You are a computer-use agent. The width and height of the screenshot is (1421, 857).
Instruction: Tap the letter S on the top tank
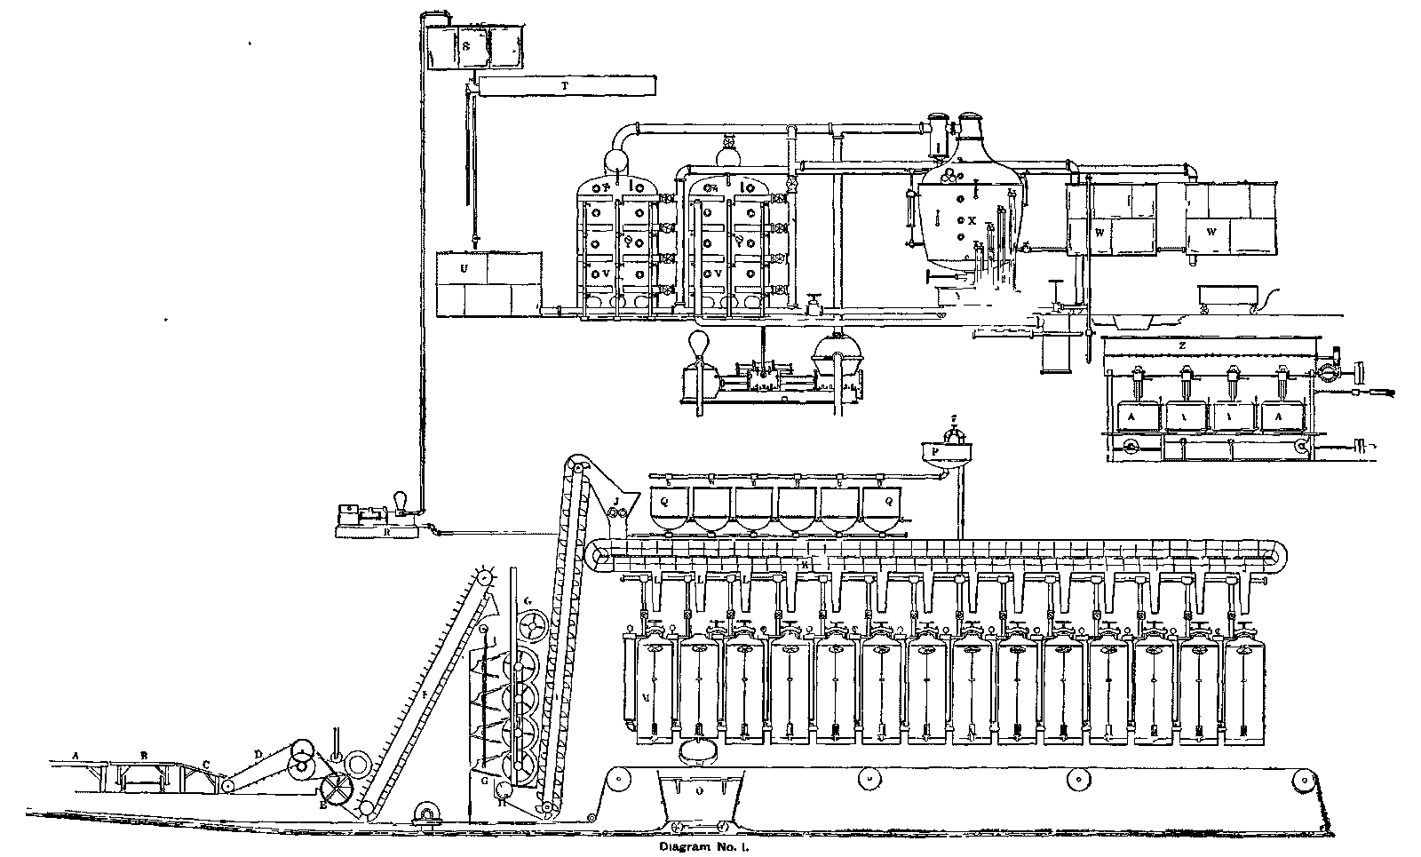tap(464, 44)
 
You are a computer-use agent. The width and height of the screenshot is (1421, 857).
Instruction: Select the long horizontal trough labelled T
tap(567, 86)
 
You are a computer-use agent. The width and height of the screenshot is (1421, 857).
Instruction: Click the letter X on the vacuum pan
tap(972, 219)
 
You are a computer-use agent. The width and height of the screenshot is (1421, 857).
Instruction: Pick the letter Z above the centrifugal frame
tap(1183, 344)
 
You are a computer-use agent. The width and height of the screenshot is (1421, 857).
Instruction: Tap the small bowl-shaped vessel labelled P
tap(945, 452)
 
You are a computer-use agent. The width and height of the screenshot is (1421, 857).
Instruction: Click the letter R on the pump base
tap(388, 531)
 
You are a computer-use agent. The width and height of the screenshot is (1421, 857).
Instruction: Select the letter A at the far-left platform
tap(76, 756)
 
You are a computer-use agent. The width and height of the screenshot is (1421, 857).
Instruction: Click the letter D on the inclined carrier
tap(258, 754)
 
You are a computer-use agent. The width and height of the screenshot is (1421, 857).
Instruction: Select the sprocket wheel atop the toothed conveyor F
tap(485, 578)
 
